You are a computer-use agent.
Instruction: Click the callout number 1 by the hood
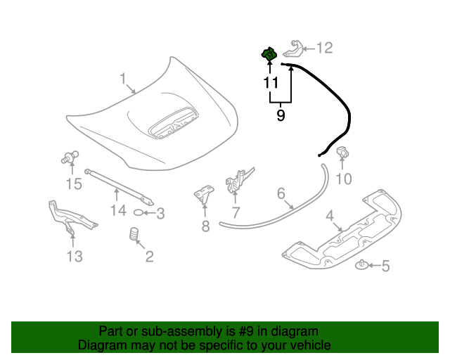tap(122, 78)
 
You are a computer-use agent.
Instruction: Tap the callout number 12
tap(324, 48)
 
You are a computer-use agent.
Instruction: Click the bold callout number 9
tap(281, 115)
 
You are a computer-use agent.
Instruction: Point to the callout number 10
tap(343, 179)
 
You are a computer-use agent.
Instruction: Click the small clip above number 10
tap(345, 153)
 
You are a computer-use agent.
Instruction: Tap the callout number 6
tap(280, 193)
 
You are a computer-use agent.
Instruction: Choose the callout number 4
tap(330, 217)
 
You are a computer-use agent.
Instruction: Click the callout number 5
tap(384, 266)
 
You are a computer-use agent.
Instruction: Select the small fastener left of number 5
tap(361, 264)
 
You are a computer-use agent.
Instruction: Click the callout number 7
tap(236, 212)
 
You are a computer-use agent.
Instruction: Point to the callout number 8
tap(205, 226)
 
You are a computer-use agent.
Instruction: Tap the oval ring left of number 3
tap(139, 213)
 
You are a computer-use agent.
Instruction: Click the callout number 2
tap(148, 257)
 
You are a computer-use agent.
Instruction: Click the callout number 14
tap(117, 210)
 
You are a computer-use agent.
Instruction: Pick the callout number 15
tap(74, 184)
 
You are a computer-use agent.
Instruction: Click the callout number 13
tap(75, 256)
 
